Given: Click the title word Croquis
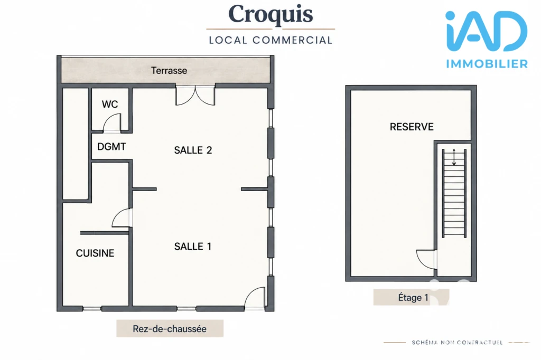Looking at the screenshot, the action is pyautogui.click(x=270, y=14).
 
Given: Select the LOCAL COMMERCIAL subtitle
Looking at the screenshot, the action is pyautogui.click(x=270, y=40).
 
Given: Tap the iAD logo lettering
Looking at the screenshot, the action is pyautogui.click(x=486, y=31).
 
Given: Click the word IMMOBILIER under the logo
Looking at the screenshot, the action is pyautogui.click(x=487, y=64).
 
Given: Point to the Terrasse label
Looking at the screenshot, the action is pyautogui.click(x=169, y=70).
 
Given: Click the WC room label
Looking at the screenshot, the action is pyautogui.click(x=110, y=104).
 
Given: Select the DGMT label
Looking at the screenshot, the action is pyautogui.click(x=111, y=147).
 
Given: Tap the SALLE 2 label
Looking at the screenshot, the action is pyautogui.click(x=193, y=150).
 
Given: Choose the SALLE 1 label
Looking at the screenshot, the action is pyautogui.click(x=192, y=246).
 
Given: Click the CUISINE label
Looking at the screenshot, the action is pyautogui.click(x=95, y=253).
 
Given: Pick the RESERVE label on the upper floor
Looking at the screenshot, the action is pyautogui.click(x=412, y=127).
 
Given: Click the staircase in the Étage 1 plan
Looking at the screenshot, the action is pyautogui.click(x=454, y=193).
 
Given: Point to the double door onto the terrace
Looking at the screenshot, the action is pyautogui.click(x=195, y=96).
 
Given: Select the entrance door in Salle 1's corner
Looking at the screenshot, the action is pyautogui.click(x=255, y=298).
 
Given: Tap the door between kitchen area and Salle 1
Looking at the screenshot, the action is pyautogui.click(x=122, y=217).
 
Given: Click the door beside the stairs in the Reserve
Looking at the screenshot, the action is pyautogui.click(x=426, y=259).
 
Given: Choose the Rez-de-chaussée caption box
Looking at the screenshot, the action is pyautogui.click(x=170, y=328).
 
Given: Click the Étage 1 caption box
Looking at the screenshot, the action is pyautogui.click(x=411, y=297).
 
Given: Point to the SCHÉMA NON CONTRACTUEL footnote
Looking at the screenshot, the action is pyautogui.click(x=457, y=343).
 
